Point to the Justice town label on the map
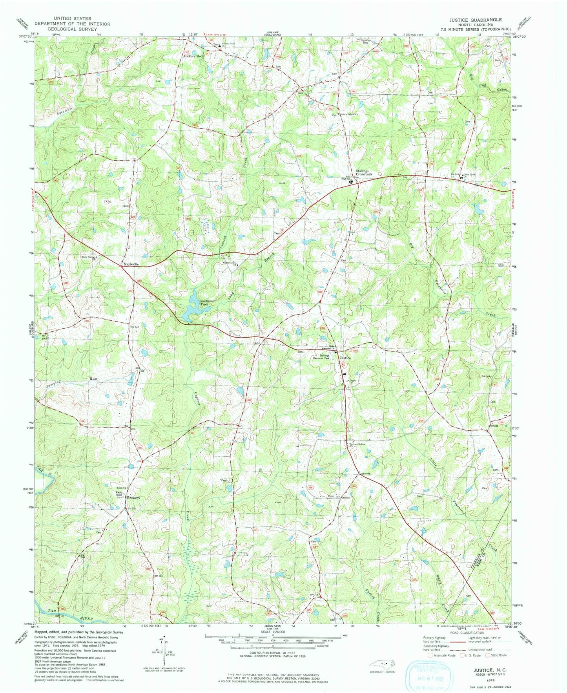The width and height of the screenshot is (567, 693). point(345,358)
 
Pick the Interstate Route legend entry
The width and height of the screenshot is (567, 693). point(443,655)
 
